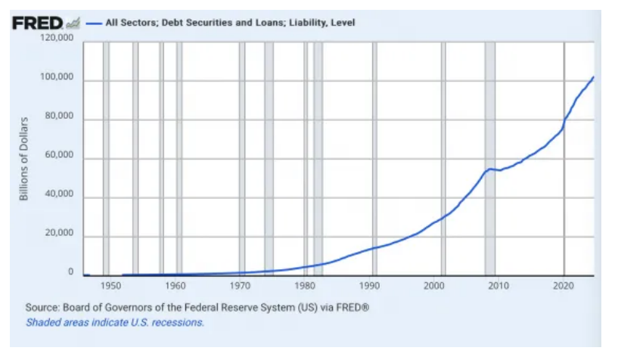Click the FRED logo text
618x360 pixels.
click(x=36, y=23)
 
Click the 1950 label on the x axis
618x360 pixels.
click(x=110, y=287)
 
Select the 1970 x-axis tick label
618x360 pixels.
click(x=240, y=287)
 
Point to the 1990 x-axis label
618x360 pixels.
click(x=369, y=287)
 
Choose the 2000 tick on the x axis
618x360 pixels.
click(x=434, y=287)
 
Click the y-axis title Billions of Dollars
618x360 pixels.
click(x=23, y=159)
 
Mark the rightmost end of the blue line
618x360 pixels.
click(x=593, y=77)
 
